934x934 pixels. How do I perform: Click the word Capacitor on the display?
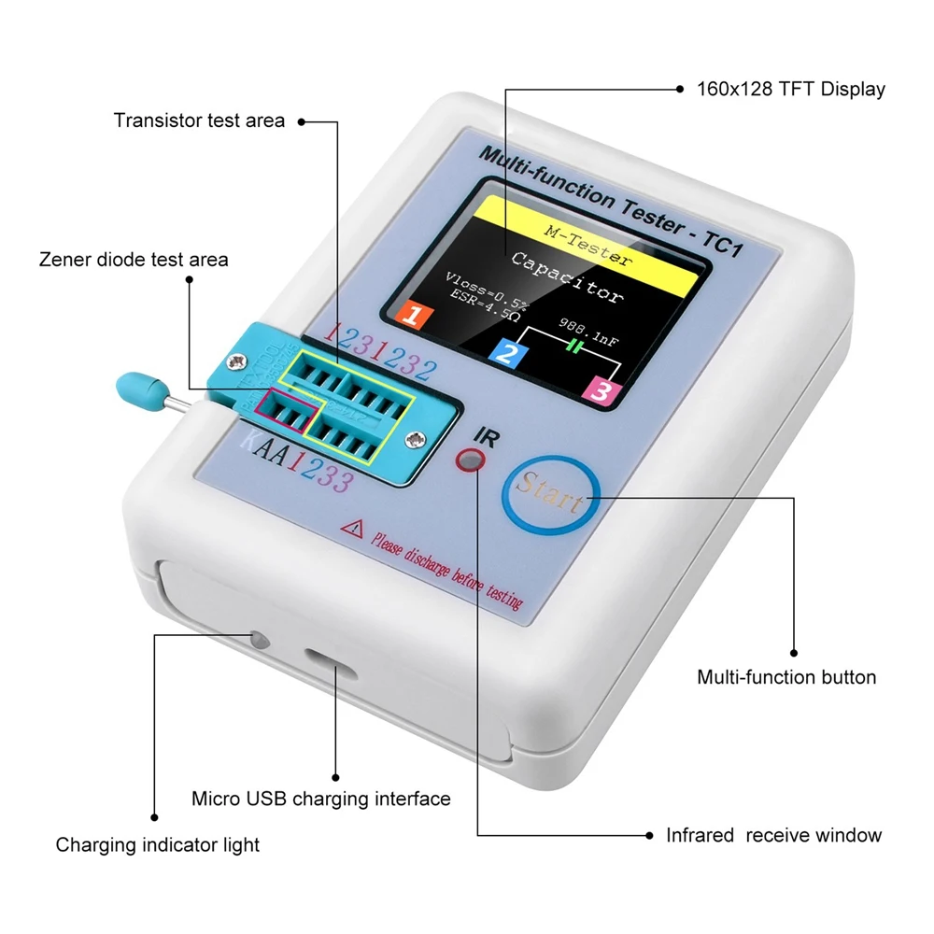(x=566, y=277)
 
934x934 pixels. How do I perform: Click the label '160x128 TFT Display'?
(x=790, y=90)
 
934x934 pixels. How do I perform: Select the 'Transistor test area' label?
(x=199, y=120)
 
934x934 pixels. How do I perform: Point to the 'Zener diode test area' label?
(x=134, y=260)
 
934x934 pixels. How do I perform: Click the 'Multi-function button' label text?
(x=786, y=677)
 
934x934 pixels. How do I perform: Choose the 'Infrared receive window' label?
(x=772, y=835)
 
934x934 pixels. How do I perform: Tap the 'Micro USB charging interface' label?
(x=320, y=799)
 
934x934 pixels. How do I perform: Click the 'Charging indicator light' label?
(x=157, y=845)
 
